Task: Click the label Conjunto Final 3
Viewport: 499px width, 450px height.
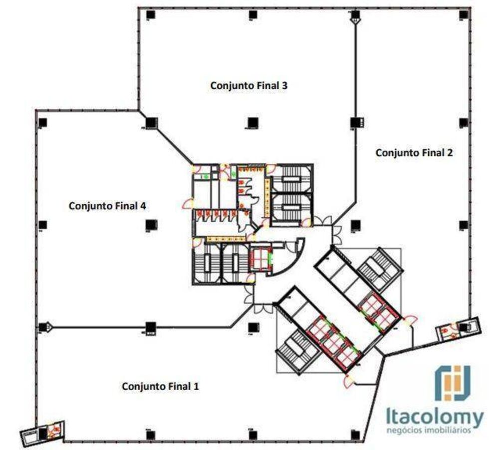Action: pyautogui.click(x=249, y=85)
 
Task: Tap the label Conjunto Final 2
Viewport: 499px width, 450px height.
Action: pyautogui.click(x=414, y=153)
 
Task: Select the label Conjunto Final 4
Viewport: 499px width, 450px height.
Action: pyautogui.click(x=107, y=205)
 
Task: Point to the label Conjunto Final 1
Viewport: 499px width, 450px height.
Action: pyautogui.click(x=160, y=386)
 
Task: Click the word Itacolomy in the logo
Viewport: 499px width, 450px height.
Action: pyautogui.click(x=434, y=417)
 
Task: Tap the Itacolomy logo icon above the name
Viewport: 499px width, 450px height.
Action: pyautogui.click(x=452, y=383)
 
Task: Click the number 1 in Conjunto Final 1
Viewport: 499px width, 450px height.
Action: pyautogui.click(x=196, y=386)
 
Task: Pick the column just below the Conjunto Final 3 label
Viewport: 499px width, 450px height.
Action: pyautogui.click(x=252, y=122)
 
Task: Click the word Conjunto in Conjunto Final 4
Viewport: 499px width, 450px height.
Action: pyautogui.click(x=88, y=205)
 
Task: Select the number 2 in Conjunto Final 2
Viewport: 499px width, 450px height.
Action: pyautogui.click(x=450, y=153)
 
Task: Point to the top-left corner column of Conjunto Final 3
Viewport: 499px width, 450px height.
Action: pyautogui.click(x=151, y=15)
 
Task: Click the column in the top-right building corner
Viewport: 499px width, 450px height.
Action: pyautogui.click(x=464, y=15)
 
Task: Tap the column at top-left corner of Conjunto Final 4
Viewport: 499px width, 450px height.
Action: pyautogui.click(x=43, y=122)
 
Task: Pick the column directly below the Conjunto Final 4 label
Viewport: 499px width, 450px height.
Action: pyautogui.click(x=151, y=225)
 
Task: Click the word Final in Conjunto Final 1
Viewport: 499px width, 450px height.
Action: pyautogui.click(x=180, y=386)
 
